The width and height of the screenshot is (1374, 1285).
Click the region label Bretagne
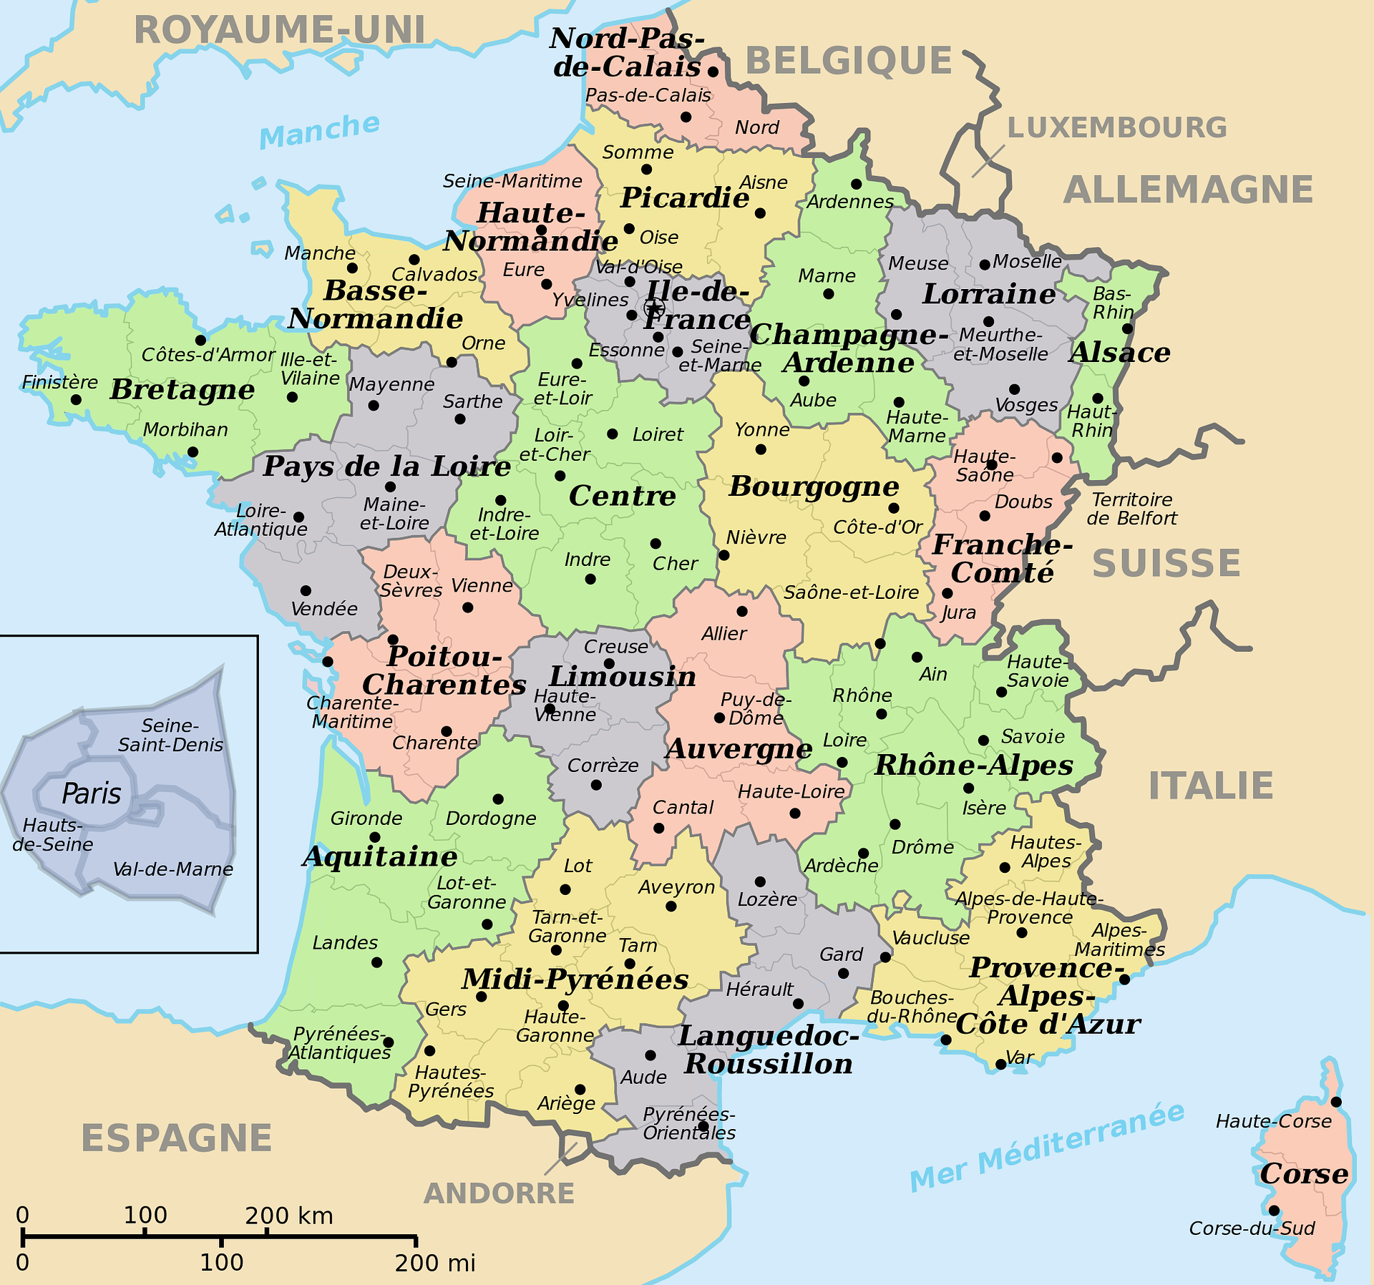coord(182,391)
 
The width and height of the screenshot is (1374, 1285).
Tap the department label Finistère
coord(59,383)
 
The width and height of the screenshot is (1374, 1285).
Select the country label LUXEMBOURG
coord(1116,128)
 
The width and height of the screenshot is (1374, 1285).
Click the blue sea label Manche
coord(319,131)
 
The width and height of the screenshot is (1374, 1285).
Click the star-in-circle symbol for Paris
coord(653,308)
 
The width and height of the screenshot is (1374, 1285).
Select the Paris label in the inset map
coord(91,793)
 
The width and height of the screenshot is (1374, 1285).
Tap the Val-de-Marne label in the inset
coord(173,869)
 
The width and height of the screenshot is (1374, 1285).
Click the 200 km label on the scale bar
coord(289,1215)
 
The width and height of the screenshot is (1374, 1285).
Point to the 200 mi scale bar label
coord(434,1262)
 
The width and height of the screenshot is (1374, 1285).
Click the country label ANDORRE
coord(499,1193)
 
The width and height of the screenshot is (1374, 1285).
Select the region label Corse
coord(1304,1173)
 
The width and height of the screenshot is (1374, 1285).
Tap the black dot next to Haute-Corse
coord(1335,1102)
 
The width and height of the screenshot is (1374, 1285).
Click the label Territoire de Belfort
coord(1131,509)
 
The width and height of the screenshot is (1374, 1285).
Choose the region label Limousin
coord(622,676)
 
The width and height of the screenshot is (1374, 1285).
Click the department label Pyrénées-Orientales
coord(688,1123)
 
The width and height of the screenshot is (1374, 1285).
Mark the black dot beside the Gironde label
coord(374,837)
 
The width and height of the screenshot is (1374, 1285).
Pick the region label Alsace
coord(1119,352)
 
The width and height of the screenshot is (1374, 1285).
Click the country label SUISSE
coord(1166,563)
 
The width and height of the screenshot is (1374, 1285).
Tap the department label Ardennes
coord(849,202)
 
